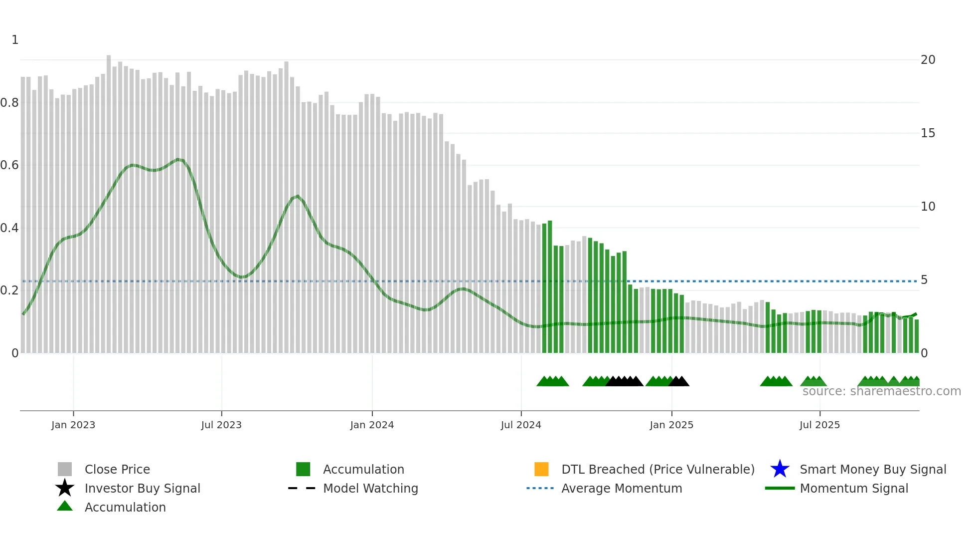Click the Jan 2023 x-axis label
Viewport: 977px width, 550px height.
point(73,425)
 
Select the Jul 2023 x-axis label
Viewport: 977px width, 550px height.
point(221,425)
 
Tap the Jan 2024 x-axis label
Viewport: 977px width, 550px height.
point(372,425)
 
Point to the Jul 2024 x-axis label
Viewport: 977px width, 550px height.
point(521,425)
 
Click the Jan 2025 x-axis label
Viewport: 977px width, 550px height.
point(671,425)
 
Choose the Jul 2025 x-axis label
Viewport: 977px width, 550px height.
point(819,425)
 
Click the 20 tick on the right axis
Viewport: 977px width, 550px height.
point(928,60)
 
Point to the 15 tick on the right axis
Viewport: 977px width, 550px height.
point(928,133)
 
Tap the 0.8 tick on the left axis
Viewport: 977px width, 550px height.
point(9,103)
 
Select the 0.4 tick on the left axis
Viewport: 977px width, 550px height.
point(9,228)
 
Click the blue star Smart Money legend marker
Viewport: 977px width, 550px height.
point(780,469)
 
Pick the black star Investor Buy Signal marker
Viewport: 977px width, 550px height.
point(65,488)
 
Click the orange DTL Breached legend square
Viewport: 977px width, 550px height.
point(541,469)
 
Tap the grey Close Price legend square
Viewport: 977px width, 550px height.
point(65,469)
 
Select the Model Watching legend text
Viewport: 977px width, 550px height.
point(370,488)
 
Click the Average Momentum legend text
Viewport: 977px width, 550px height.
point(622,488)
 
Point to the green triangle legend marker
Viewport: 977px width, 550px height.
point(65,506)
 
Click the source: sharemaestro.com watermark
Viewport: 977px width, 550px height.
point(881,391)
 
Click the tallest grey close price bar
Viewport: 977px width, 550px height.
point(109,200)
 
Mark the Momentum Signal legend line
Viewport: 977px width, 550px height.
point(780,488)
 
